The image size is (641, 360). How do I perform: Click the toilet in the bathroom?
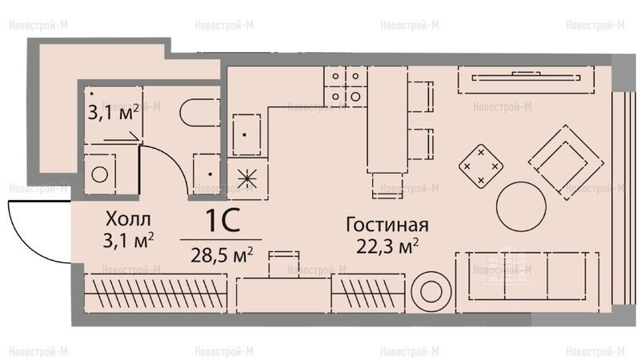[x=199, y=112]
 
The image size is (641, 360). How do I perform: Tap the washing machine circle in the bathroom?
[x=100, y=174]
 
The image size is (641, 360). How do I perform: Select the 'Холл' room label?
[x=128, y=219]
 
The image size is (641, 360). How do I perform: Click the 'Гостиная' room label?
[x=387, y=225]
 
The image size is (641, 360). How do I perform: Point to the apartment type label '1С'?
[x=222, y=221]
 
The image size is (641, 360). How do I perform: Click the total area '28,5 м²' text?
[x=222, y=255]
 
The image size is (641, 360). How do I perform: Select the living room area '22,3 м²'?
[x=387, y=246]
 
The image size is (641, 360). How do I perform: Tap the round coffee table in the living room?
[x=521, y=206]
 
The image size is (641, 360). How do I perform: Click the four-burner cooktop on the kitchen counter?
[x=346, y=86]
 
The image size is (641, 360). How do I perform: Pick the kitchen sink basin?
[x=246, y=134]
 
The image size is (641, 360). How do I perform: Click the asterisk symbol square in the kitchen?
[x=248, y=179]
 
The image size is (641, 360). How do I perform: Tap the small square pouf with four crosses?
[x=481, y=166]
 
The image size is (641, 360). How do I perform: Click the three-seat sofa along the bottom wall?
[x=527, y=282]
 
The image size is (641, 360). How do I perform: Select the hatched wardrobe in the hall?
[x=156, y=293]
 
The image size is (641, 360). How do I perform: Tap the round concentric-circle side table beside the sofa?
[x=431, y=292]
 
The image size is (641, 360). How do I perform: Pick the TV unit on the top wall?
[x=526, y=79]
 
